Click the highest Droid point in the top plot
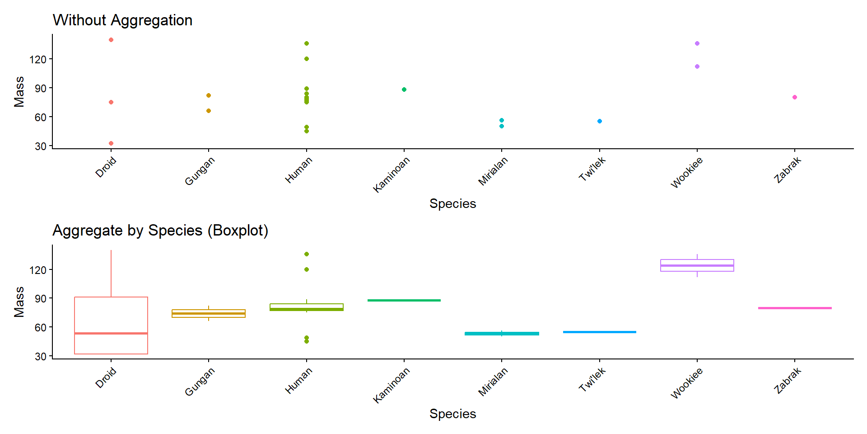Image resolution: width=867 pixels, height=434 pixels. pos(111,40)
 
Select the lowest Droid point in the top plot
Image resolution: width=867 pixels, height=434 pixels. pos(111,143)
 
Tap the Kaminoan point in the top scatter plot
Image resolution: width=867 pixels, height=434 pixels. pos(404,90)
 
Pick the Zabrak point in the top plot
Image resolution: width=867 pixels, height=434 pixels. pos(795,97)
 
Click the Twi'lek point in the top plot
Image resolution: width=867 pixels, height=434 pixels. pos(600,121)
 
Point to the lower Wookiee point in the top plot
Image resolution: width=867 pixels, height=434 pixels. pos(697,66)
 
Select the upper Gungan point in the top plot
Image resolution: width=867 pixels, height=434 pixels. pos(209,95)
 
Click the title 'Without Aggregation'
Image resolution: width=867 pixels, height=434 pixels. pos(122,20)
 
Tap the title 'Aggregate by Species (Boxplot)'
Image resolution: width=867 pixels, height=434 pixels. pos(160,231)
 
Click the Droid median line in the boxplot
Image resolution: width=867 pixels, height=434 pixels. pos(111,333)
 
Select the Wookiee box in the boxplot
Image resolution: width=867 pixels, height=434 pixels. pos(697,265)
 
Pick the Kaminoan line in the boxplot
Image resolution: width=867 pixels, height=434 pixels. pos(404,300)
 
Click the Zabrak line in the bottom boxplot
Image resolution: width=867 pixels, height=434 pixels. pos(795,308)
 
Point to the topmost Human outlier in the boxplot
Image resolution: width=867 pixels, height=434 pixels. pos(307,254)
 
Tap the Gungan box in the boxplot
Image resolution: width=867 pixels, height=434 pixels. pos(209,313)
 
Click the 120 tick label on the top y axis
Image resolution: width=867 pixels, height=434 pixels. pos(38,59)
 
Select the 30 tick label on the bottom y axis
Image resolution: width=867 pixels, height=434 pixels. pos(41,357)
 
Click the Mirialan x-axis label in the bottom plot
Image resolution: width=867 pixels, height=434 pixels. pos(493,382)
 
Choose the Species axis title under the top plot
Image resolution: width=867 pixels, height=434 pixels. pos(452,204)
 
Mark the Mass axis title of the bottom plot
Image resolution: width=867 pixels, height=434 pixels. pos(19,302)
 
